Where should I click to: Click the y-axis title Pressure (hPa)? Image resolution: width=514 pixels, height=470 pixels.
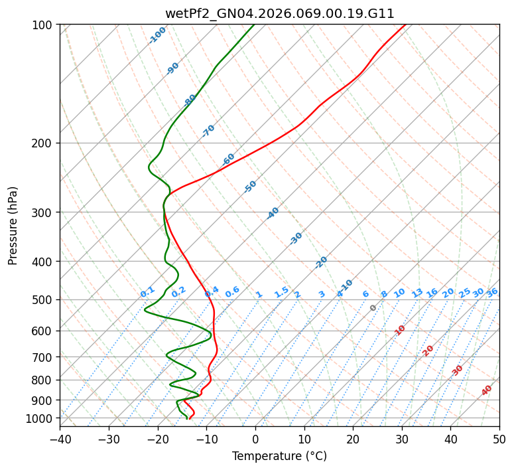[13, 225]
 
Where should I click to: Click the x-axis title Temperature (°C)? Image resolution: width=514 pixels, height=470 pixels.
[279, 456]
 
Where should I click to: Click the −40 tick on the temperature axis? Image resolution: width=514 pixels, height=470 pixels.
[60, 439]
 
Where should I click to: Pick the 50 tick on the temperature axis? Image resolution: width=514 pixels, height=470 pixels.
[499, 439]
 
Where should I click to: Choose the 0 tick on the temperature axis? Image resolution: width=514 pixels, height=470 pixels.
[255, 439]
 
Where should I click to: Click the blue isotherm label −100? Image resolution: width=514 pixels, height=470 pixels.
[157, 35]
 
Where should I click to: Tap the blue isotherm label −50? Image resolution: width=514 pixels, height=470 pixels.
[250, 187]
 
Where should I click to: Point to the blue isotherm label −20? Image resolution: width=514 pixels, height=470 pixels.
[321, 262]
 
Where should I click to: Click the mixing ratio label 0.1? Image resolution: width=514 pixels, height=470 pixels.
[147, 292]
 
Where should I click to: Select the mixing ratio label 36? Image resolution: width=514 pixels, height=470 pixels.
[492, 292]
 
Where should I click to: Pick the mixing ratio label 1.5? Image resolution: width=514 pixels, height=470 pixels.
[281, 292]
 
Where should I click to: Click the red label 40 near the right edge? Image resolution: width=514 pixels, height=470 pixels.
[487, 390]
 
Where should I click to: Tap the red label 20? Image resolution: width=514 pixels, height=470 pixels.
[428, 350]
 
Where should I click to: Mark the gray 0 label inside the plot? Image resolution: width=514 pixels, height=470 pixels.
[373, 308]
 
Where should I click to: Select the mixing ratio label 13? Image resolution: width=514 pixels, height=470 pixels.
[417, 293]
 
